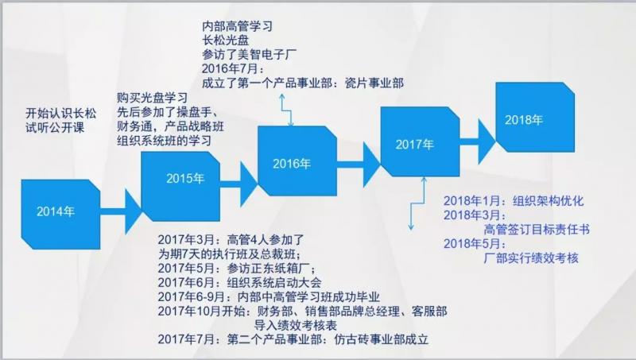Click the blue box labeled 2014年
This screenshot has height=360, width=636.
pyautogui.click(x=60, y=214)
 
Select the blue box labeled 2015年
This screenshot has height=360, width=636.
pyautogui.click(x=180, y=187)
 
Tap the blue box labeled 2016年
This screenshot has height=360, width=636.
pyautogui.click(x=297, y=161)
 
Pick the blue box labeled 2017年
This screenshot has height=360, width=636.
pyautogui.click(x=420, y=141)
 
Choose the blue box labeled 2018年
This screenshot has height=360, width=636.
pyautogui.click(x=535, y=117)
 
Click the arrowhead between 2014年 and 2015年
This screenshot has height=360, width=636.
pyautogui.click(x=133, y=211)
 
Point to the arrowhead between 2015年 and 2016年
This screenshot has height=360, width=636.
pyautogui.click(x=249, y=184)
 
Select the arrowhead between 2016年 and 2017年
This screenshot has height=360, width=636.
pyautogui.click(x=371, y=165)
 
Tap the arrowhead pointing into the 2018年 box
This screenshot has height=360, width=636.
pyautogui.click(x=487, y=141)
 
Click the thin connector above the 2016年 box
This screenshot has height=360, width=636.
pyautogui.click(x=286, y=110)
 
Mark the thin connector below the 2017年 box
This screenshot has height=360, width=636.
pyautogui.click(x=417, y=203)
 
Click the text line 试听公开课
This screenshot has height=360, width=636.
pyautogui.click(x=55, y=128)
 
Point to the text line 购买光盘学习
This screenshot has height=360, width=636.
pyautogui.click(x=152, y=98)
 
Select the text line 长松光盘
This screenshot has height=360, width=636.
pyautogui.click(x=226, y=41)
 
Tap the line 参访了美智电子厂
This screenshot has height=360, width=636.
pyautogui.click(x=250, y=54)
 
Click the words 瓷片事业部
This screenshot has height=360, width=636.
pyautogui.click(x=374, y=83)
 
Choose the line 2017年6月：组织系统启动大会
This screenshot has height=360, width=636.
pyautogui.click(x=240, y=283)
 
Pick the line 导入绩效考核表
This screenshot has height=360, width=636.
pyautogui.click(x=296, y=325)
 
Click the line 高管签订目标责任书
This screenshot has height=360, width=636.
pyautogui.click(x=537, y=230)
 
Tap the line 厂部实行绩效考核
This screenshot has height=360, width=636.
pyautogui.click(x=531, y=257)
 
